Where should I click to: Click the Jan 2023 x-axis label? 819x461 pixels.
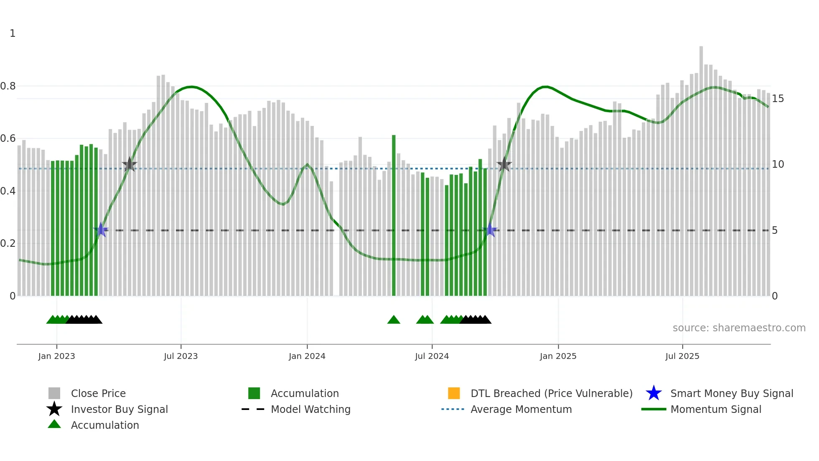56,356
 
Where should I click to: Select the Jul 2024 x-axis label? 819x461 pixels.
432,356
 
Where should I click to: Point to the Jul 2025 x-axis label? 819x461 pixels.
682,356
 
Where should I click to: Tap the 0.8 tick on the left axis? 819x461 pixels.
8,86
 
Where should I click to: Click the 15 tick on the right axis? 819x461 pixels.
778,99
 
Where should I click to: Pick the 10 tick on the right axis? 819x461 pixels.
778,164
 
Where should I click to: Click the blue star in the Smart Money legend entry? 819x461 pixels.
654,393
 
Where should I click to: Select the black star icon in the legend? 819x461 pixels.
54,409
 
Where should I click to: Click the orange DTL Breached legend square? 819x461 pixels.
454,393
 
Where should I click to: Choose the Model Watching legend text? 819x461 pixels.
310,409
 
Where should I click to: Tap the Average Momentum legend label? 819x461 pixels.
521,409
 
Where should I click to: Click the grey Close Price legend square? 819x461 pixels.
54,393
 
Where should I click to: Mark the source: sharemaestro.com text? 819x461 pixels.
739,328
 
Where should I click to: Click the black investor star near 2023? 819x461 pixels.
130,164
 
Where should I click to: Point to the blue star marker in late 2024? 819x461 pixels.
490,230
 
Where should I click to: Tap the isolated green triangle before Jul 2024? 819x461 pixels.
394,320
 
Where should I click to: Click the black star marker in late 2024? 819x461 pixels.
504,164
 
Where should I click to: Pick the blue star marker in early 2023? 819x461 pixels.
101,230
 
